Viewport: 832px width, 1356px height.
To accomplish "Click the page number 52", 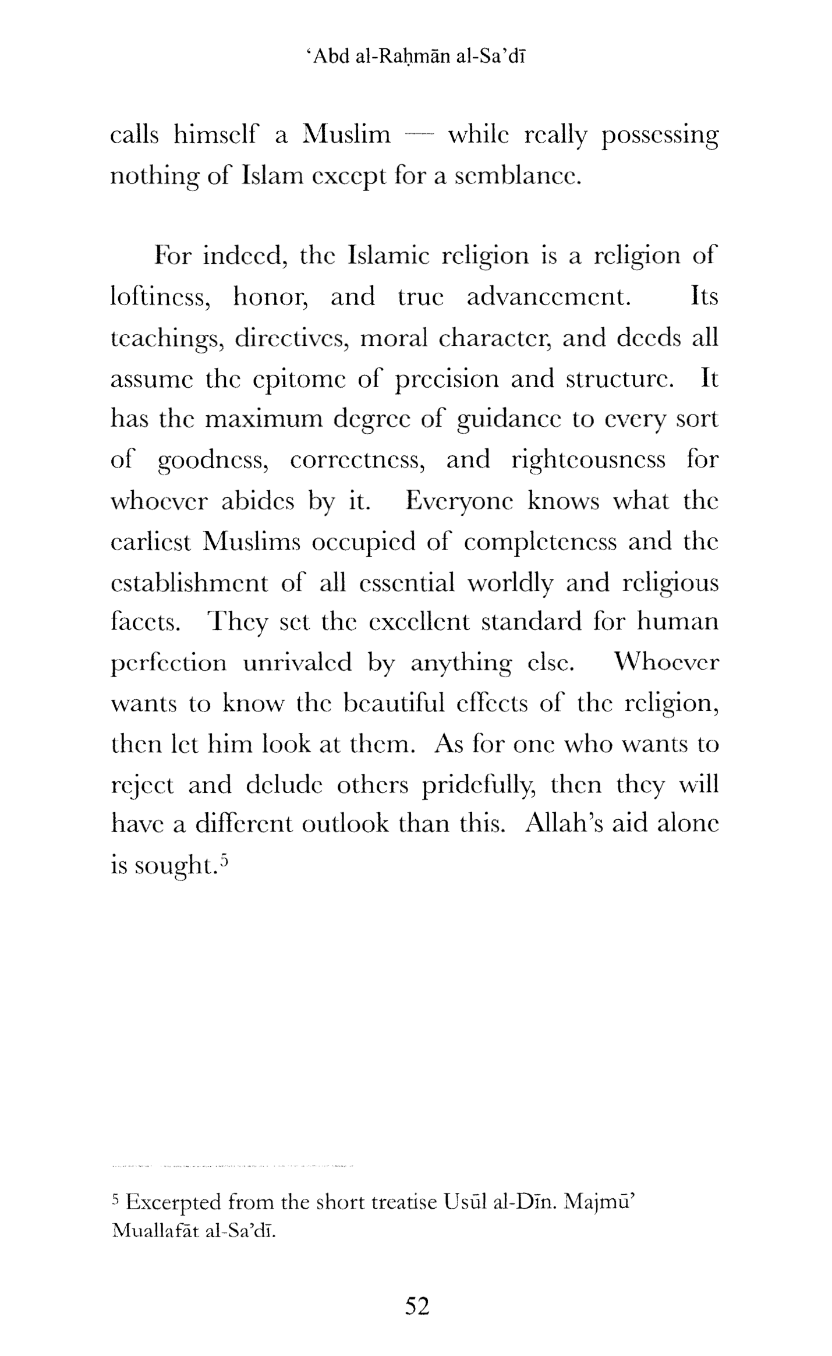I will point(417,1307).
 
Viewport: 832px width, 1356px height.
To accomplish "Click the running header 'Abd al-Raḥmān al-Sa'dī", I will point(416,57).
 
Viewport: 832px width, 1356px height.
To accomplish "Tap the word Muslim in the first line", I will point(346,136).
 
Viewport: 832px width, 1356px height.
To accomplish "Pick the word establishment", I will point(190,583).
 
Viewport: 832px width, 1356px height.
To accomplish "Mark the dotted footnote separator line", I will point(232,1166).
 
